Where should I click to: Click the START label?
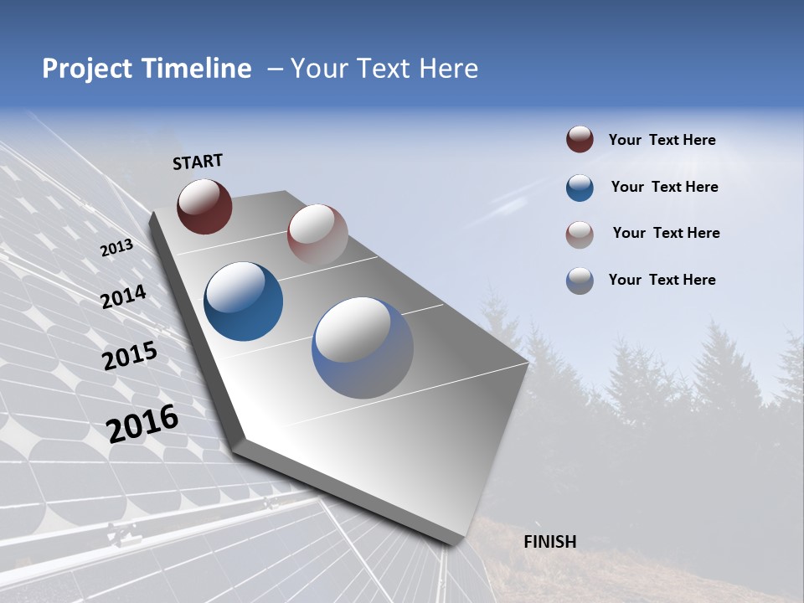pos(198,162)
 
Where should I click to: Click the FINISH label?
pos(549,542)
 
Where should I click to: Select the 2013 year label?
pos(117,248)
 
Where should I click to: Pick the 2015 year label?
pos(130,356)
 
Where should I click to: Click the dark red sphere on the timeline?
pos(204,206)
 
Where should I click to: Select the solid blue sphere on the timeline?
pos(243,301)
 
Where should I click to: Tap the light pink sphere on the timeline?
pos(317,234)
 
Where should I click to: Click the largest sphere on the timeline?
pos(363,348)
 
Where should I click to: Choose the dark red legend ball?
pos(580,140)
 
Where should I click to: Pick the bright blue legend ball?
pos(580,188)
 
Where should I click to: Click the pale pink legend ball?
pos(580,234)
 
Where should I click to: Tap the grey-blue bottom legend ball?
pos(580,281)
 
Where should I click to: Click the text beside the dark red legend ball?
pos(662,140)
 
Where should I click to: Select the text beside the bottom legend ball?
pos(662,280)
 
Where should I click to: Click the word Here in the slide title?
pos(448,69)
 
